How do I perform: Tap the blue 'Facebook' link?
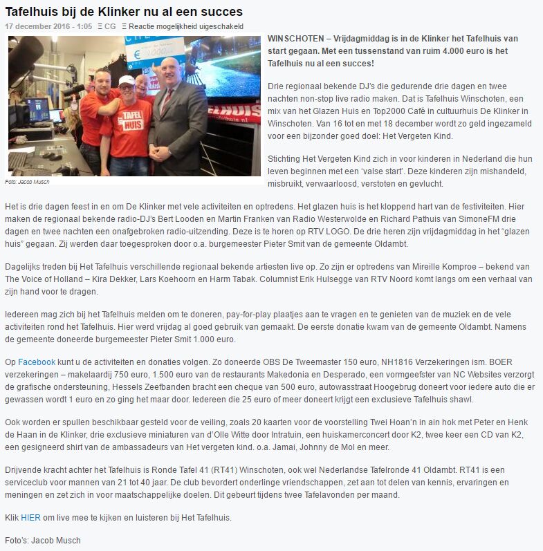point(37,362)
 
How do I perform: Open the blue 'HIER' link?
point(31,518)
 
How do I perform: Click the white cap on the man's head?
point(126,82)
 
